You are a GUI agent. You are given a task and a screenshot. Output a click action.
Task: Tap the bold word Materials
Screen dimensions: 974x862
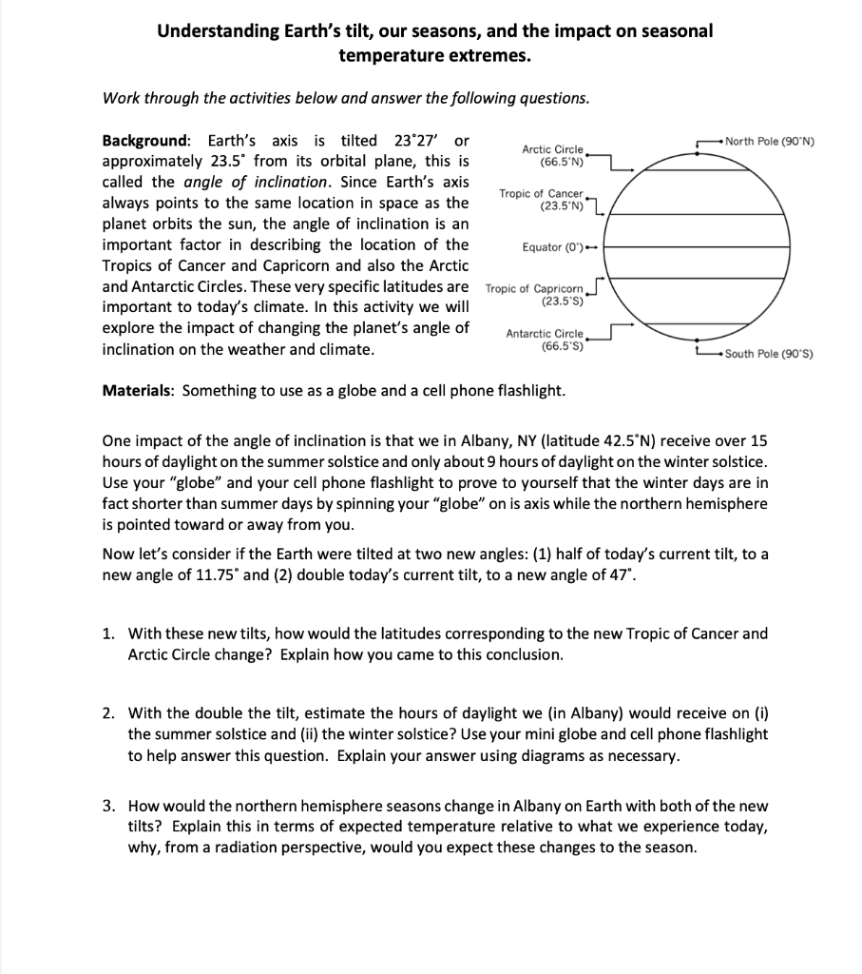coord(137,391)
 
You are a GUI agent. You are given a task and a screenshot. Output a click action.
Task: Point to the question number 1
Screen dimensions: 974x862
coord(109,633)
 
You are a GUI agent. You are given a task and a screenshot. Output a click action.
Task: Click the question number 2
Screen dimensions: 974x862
coord(109,714)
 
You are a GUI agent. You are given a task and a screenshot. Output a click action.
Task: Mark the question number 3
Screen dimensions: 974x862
coord(109,805)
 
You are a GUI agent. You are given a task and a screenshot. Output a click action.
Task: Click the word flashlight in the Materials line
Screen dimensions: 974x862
coord(529,391)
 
